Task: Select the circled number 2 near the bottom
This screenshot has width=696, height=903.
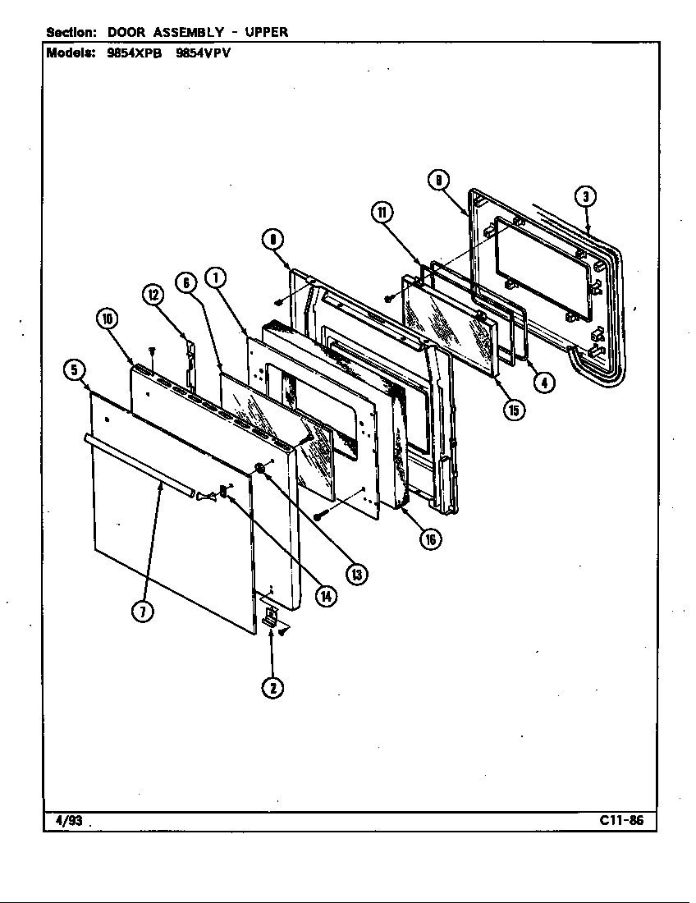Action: tap(272, 687)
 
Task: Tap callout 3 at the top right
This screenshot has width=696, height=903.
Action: tap(584, 196)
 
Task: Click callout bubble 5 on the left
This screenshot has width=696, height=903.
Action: tap(75, 370)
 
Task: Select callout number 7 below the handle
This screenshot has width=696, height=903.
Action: tap(143, 611)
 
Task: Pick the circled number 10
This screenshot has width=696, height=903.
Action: tap(108, 319)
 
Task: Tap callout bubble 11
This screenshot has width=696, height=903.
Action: tap(381, 213)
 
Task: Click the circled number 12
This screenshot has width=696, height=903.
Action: tap(153, 296)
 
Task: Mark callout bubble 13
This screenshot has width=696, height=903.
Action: tap(356, 574)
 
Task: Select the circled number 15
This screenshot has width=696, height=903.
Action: tap(514, 410)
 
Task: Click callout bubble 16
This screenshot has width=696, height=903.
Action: tap(429, 539)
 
